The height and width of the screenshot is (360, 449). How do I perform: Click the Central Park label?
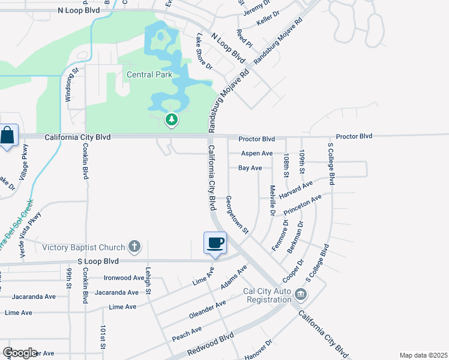149,75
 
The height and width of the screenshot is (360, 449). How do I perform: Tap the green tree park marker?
172,120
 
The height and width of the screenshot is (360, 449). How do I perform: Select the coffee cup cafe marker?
215,242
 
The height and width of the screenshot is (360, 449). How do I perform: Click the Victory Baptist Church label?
83,247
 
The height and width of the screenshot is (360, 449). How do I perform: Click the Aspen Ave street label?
256,154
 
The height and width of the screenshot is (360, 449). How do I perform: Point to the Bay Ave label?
250,168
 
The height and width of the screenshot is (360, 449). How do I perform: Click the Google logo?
20,353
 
